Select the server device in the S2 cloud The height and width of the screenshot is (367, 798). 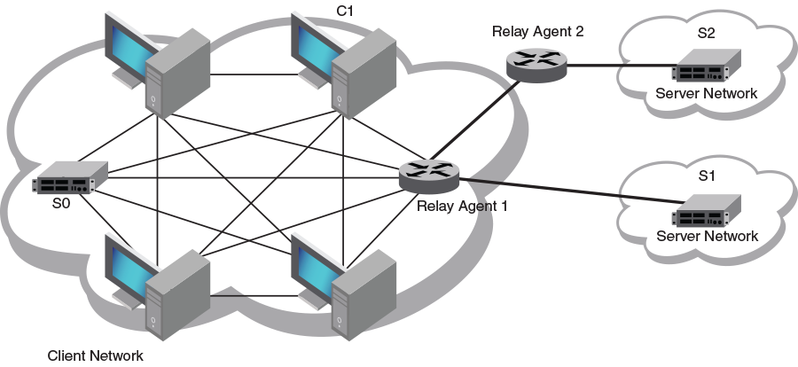coord(706,67)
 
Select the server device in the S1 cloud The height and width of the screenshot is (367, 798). coord(706,210)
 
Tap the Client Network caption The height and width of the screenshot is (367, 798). coord(96,356)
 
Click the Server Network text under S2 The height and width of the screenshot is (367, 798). coord(707,93)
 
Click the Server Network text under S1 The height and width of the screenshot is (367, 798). coord(707,236)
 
